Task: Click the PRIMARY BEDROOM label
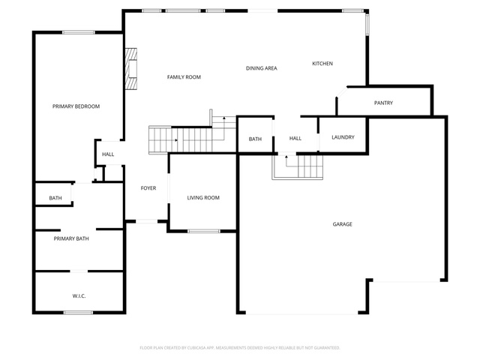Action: tap(76, 106)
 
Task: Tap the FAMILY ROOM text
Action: tap(184, 77)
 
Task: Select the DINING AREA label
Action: tap(262, 68)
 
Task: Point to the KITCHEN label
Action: tap(322, 64)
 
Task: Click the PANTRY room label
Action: tap(383, 103)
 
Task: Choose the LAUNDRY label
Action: tap(343, 137)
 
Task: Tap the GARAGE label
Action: tap(342, 224)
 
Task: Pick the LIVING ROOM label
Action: tap(203, 198)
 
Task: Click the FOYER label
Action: tap(148, 188)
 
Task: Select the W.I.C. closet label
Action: tap(79, 296)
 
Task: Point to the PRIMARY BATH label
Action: tap(71, 238)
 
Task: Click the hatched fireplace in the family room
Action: tap(131, 69)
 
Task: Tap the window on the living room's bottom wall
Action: tap(204, 231)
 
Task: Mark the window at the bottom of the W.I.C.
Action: tap(78, 313)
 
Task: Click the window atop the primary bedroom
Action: tap(79, 32)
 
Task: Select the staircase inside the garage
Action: tap(298, 167)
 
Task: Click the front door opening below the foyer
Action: tap(147, 221)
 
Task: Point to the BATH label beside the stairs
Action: tap(255, 139)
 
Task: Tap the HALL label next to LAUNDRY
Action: tap(295, 139)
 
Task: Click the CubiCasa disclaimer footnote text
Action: tap(240, 348)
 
